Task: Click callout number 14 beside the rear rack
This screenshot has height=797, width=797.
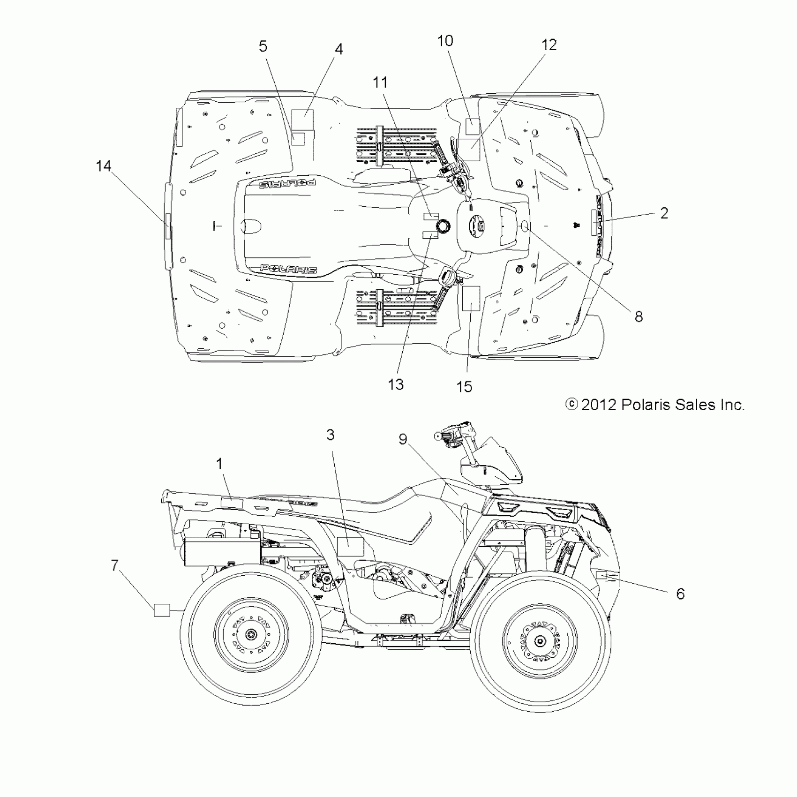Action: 104,166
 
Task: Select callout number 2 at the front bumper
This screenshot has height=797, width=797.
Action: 664,213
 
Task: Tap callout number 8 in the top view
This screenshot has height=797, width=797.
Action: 639,317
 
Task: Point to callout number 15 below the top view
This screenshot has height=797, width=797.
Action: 464,387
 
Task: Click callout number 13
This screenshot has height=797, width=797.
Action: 396,384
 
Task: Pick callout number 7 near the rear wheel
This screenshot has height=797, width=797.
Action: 115,566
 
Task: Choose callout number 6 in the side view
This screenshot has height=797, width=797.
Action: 680,594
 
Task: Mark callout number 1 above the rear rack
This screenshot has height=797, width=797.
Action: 219,464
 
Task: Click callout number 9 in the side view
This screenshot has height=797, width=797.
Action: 403,439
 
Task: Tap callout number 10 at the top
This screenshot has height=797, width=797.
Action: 445,41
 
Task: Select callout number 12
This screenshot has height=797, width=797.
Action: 549,45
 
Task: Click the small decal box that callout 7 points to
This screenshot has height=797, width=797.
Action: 162,610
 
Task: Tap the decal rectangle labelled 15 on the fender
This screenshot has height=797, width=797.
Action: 471,299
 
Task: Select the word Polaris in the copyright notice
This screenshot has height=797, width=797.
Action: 645,405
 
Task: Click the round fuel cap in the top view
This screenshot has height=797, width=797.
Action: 442,226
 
